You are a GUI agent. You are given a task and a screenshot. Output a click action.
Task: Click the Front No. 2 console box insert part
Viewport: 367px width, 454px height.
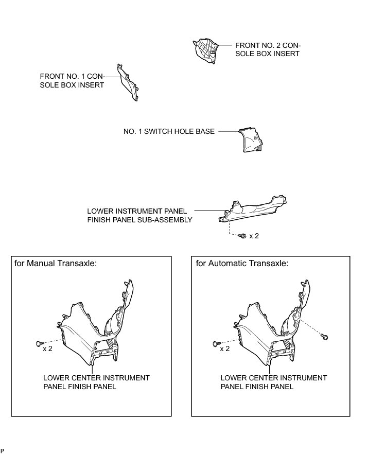point(205,51)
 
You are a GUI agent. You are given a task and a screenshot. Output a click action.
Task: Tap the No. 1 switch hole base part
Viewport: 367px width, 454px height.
point(251,141)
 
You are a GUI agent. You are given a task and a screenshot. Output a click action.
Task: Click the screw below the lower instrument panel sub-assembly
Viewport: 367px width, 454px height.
point(242,236)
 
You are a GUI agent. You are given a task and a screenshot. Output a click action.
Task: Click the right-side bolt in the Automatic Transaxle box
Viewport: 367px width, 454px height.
point(325,337)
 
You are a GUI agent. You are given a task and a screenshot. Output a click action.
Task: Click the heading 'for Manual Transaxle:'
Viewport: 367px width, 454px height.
point(56,263)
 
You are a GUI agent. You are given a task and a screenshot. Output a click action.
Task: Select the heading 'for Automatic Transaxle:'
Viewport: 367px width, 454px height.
point(242,263)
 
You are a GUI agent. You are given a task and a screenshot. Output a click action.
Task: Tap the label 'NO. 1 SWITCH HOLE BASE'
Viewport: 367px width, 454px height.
point(169,131)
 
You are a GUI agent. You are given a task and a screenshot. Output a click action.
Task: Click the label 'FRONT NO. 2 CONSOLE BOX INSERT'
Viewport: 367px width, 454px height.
point(267,49)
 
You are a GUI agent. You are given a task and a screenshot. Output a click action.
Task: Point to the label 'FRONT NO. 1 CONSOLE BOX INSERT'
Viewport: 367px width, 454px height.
point(72,80)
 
